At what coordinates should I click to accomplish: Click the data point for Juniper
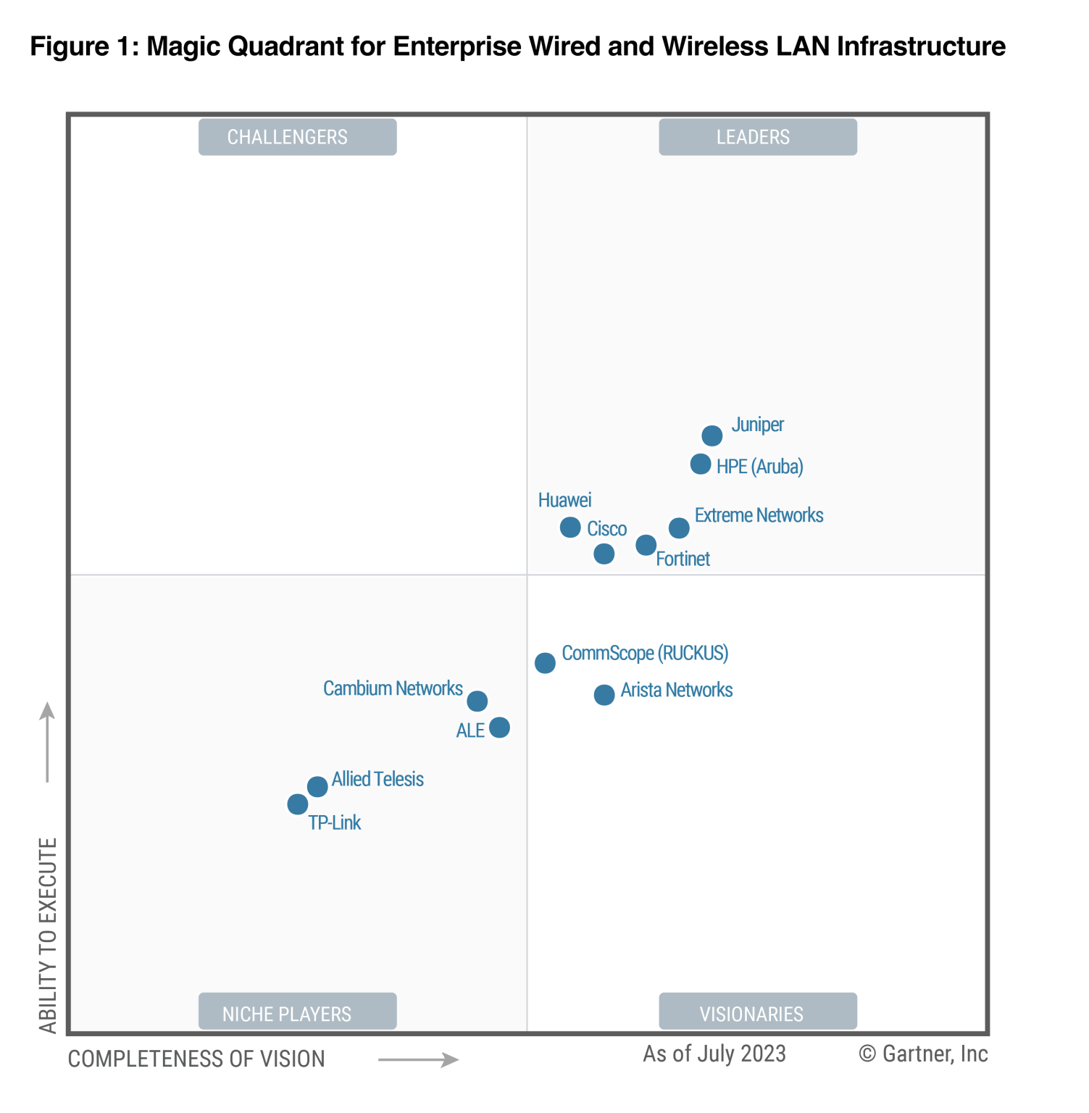712,435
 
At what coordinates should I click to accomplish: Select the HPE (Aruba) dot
700,464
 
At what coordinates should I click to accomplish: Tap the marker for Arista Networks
604,695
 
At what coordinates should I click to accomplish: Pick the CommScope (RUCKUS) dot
545,663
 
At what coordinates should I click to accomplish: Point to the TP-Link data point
297,804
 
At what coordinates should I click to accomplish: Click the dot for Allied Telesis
317,786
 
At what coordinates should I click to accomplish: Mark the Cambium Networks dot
477,701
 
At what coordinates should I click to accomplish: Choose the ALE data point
499,727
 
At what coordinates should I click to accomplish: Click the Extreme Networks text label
759,515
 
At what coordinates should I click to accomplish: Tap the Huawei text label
564,500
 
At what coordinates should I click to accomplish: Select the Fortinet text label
683,559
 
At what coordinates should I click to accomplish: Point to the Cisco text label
606,529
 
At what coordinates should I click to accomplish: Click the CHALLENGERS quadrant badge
297,137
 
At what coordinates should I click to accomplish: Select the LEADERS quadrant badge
757,137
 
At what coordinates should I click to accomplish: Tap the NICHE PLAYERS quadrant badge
297,1012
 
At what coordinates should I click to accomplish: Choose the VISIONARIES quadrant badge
757,1012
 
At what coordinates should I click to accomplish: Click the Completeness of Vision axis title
196,1059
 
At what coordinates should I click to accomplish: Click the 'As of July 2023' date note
714,1054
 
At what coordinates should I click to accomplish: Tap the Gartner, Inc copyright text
923,1054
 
